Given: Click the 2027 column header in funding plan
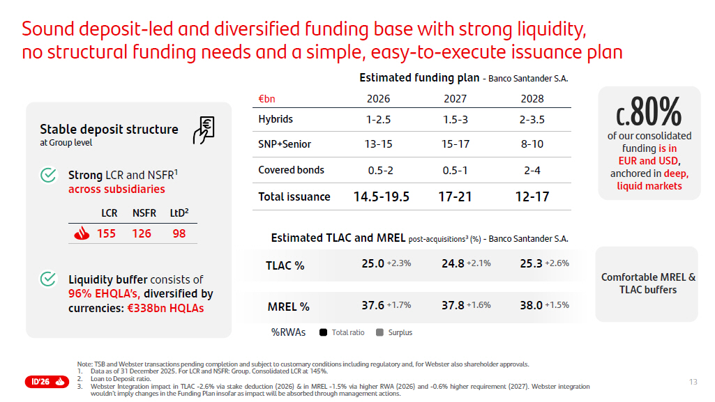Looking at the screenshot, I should click(x=455, y=99).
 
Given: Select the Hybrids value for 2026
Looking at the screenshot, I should click(x=379, y=119).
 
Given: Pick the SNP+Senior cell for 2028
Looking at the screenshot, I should click(x=532, y=144).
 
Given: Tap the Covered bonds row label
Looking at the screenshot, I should click(x=291, y=170).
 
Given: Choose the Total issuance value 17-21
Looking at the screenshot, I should click(x=455, y=196).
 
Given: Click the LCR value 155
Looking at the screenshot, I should click(x=106, y=233).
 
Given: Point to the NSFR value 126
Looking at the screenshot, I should click(x=142, y=233).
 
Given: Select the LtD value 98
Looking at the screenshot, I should click(x=179, y=233).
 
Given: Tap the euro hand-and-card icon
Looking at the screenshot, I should click(x=204, y=130).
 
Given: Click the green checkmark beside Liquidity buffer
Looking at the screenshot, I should click(x=48, y=279).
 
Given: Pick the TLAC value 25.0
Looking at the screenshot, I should click(x=372, y=263).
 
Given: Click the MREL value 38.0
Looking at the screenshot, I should click(x=531, y=305).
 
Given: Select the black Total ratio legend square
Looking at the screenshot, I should click(x=323, y=332).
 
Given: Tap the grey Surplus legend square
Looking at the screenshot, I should click(x=379, y=332).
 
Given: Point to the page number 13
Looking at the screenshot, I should click(x=693, y=382).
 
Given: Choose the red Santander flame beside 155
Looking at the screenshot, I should click(x=81, y=234).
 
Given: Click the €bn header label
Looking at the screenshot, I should click(x=266, y=99).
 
